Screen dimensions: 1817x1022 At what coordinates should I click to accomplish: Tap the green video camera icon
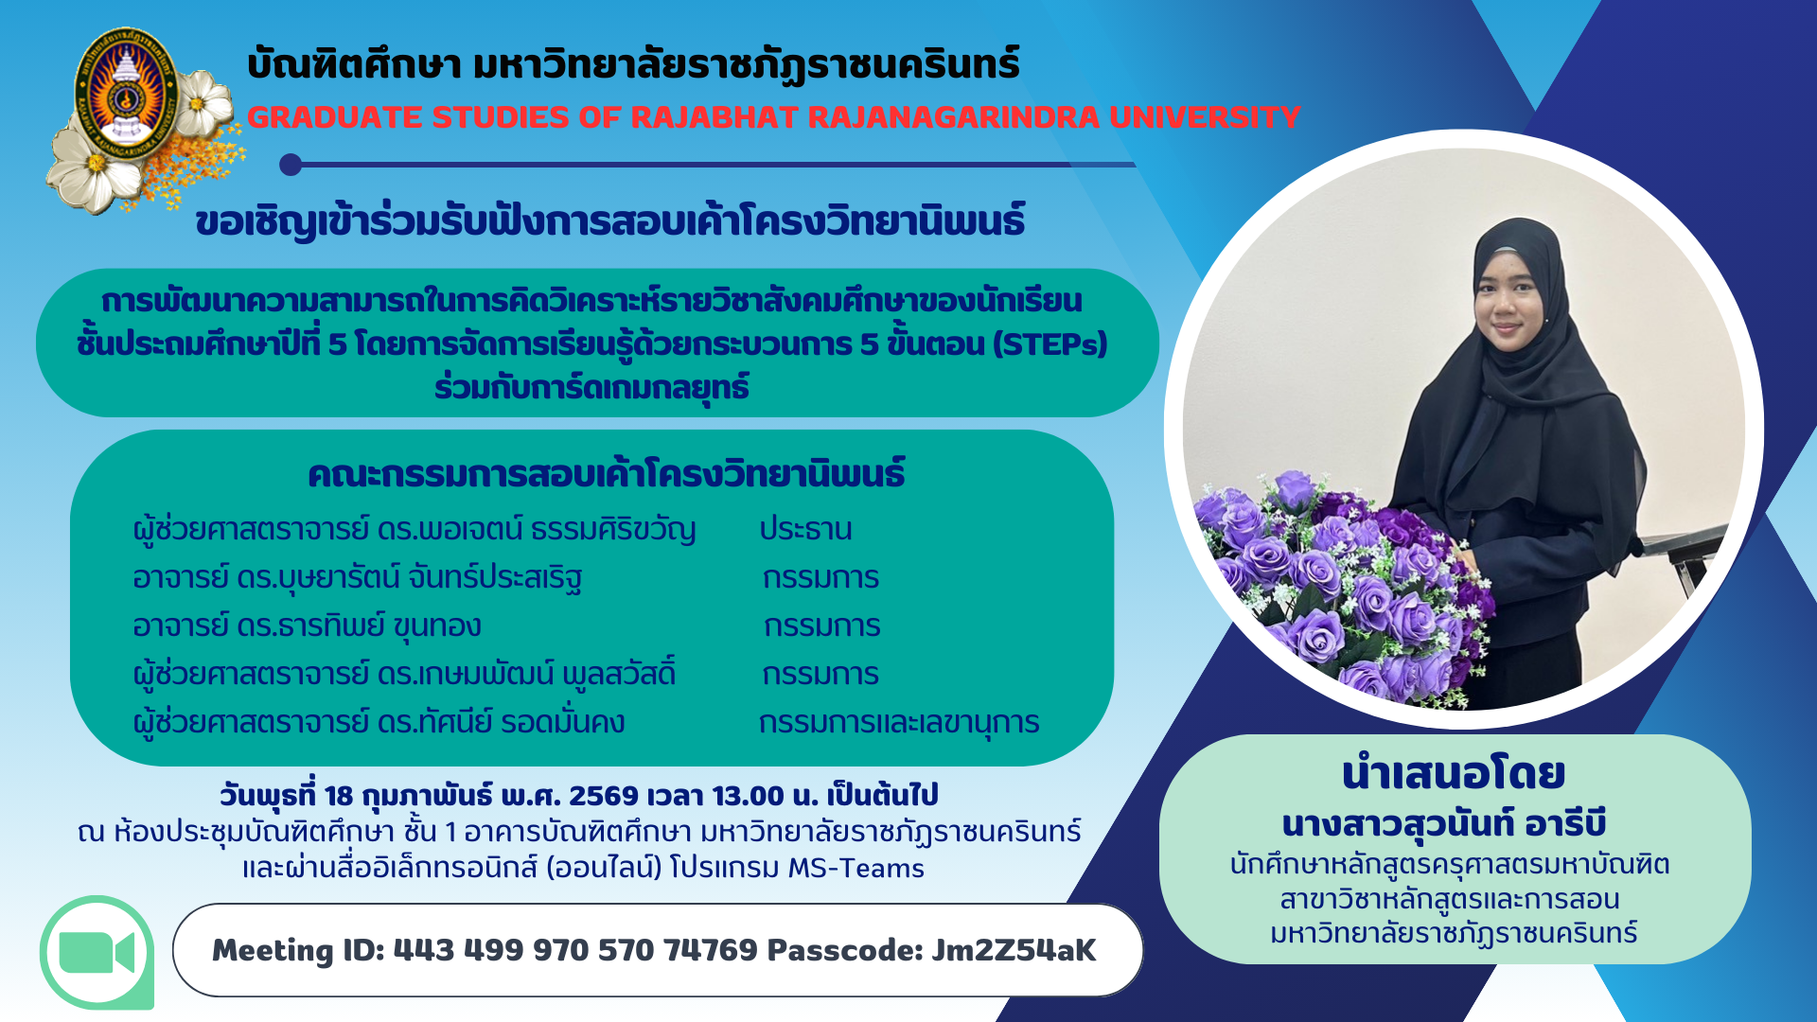tap(97, 952)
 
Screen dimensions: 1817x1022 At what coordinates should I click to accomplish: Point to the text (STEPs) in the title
tap(1050, 344)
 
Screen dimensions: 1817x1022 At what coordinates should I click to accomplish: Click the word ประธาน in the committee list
tap(805, 529)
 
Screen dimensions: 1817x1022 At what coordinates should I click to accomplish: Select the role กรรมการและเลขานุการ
tap(899, 723)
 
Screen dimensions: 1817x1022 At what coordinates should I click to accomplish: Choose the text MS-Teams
tap(856, 868)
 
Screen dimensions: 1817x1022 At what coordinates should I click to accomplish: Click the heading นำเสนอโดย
tap(1454, 774)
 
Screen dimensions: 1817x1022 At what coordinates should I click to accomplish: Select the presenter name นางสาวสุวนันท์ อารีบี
tap(1444, 824)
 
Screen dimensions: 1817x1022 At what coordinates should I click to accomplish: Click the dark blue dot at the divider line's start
tap(291, 165)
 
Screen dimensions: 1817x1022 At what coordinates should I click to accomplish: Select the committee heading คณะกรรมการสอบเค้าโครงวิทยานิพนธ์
tap(607, 474)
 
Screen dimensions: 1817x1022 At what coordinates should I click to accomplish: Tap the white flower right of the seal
tap(203, 101)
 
